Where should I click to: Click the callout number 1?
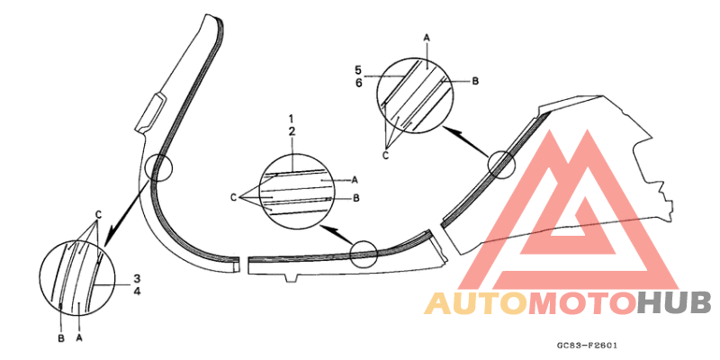coord(292,119)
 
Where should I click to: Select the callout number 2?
coord(292,131)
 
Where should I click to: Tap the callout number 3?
coord(137,278)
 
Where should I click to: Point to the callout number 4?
coord(137,291)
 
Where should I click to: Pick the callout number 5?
coord(358,70)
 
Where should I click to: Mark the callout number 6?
coord(358,83)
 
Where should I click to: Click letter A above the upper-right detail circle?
coord(426,39)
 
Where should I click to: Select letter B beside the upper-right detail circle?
coord(475,81)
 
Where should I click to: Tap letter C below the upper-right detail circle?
coord(386,156)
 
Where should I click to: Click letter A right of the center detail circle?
coord(355,180)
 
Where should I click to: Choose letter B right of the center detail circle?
coord(355,198)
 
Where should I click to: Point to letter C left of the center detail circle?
coord(234,198)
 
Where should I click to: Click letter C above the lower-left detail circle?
coord(98,214)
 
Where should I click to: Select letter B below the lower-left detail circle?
coord(61,339)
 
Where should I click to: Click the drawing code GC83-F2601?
coord(587,346)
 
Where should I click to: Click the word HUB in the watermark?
coord(675,304)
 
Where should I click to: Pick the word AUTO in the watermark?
coord(476,304)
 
